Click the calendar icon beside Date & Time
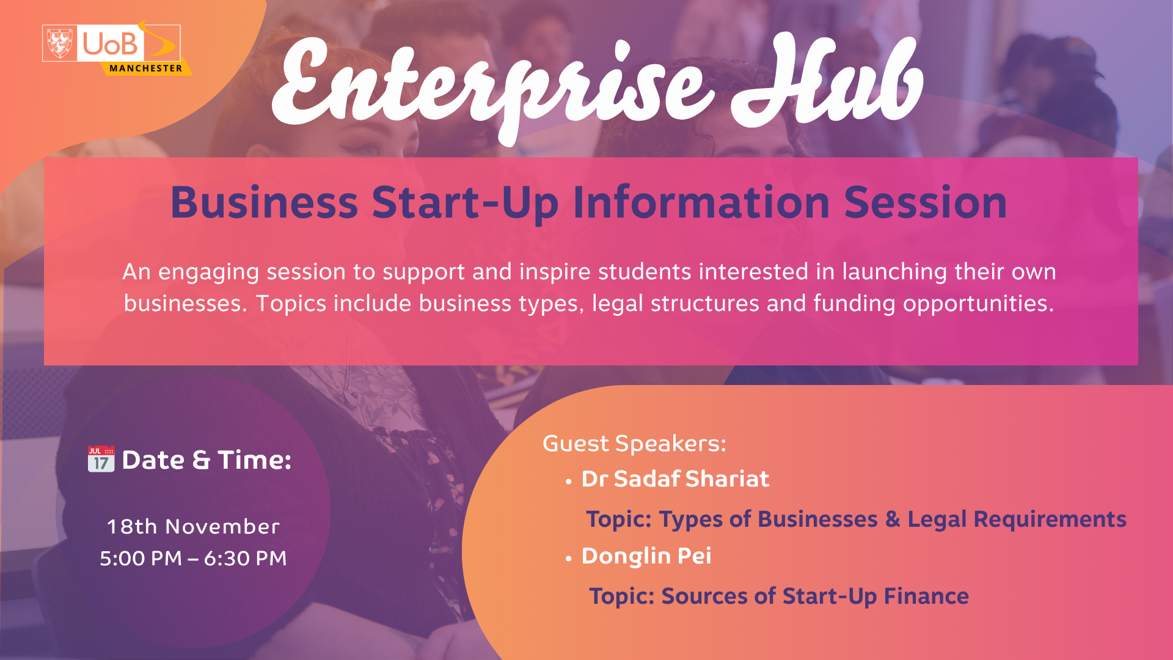click(x=101, y=459)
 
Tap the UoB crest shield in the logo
click(x=60, y=43)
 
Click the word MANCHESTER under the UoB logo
click(x=146, y=68)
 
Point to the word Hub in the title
click(x=827, y=79)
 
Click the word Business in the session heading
click(x=264, y=202)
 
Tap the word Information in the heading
click(x=701, y=202)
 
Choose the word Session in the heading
click(x=926, y=202)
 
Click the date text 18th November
click(x=193, y=526)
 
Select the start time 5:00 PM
click(x=141, y=558)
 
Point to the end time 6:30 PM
click(x=245, y=558)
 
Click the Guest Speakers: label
click(x=634, y=444)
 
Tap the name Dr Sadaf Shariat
click(x=675, y=479)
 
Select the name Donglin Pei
click(x=646, y=556)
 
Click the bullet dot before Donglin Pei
click(x=569, y=559)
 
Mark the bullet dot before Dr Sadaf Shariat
click(x=569, y=482)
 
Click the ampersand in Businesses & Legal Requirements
click(x=893, y=519)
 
